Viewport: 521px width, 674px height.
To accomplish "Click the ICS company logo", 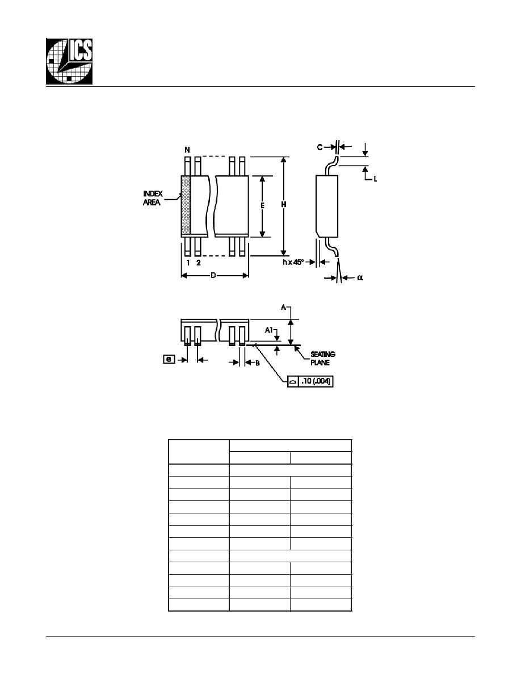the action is pos(69,61).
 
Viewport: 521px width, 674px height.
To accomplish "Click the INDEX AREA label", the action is pos(153,198).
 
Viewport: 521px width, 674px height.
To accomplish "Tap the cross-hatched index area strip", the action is pos(186,205).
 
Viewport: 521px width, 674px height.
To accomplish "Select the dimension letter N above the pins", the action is pos(187,150).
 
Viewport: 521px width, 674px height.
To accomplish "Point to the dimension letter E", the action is pos(262,206).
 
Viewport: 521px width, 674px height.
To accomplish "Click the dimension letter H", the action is pos(284,205).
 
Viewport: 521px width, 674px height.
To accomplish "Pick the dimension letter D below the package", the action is pos(213,275).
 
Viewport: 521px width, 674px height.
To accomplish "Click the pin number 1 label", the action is pos(188,263).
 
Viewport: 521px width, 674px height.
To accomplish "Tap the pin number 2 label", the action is pos(198,263).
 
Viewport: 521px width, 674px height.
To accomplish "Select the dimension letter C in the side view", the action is pos(320,147).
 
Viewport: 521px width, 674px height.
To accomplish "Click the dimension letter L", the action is pos(375,179).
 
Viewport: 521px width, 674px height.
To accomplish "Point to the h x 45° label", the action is pos(293,262).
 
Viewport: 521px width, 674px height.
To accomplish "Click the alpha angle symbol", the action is pos(360,277).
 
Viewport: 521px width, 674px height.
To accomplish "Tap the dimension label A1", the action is pos(268,330).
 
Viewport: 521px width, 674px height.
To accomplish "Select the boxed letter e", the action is pos(169,359).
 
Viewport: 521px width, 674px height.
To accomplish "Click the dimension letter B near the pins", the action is pos(258,363).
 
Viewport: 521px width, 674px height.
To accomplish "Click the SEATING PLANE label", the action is pos(323,359).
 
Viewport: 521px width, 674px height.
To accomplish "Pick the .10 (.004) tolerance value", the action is pos(316,381).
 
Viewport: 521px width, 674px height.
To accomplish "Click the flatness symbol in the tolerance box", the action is pos(293,382).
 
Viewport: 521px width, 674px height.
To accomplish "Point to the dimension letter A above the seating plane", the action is pos(283,307).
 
